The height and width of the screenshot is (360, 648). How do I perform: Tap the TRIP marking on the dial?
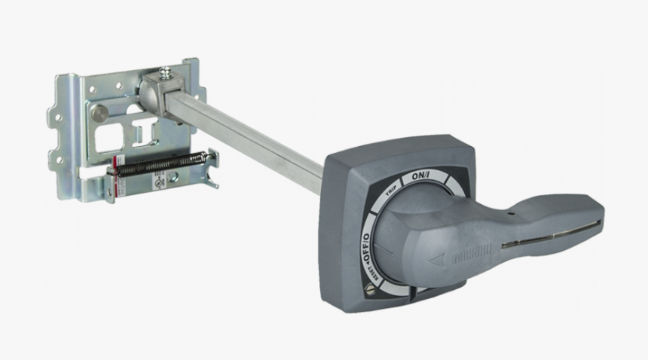(x=390, y=191)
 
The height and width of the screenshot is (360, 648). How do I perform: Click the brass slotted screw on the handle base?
(x=370, y=285)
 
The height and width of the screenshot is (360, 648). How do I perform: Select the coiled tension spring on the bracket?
(x=158, y=163)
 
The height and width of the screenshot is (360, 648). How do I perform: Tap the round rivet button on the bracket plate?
(x=99, y=113)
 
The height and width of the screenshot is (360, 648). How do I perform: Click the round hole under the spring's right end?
(x=174, y=176)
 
